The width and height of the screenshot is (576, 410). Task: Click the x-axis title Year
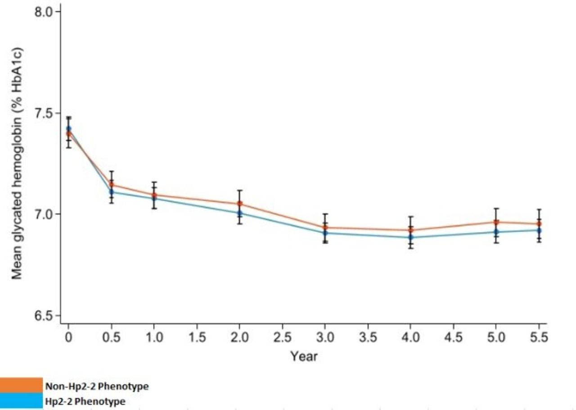click(304, 356)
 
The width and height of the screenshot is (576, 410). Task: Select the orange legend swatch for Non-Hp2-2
click(21, 385)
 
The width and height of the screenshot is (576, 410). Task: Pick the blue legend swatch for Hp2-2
click(21, 401)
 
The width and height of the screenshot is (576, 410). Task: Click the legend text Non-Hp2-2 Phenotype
click(96, 386)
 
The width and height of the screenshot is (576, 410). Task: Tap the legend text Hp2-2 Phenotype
click(85, 401)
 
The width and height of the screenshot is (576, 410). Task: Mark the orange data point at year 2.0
click(239, 204)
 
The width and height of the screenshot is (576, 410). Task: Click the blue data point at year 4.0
click(410, 237)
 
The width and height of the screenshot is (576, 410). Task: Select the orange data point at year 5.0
click(496, 222)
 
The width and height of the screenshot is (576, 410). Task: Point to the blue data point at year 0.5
click(111, 192)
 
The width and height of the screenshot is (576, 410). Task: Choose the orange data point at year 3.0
click(325, 228)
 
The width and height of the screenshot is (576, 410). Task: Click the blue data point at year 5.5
click(539, 230)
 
